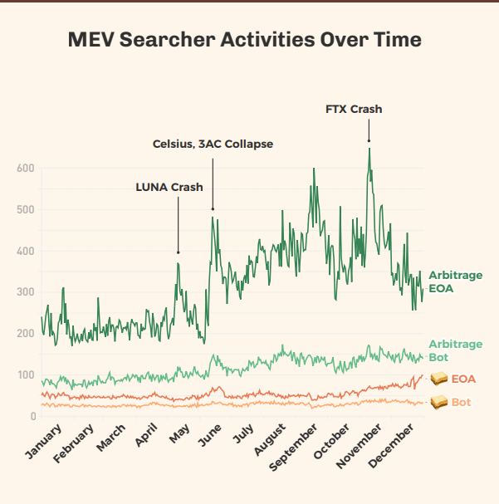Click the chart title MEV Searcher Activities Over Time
point(244,40)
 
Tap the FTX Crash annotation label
point(354,109)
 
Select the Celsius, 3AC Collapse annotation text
point(213,144)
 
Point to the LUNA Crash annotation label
point(169,187)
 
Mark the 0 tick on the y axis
point(33,416)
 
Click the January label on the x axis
point(45,441)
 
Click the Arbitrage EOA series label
point(455,281)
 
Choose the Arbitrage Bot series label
point(455,350)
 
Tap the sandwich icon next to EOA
point(438,379)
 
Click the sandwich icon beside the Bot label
point(438,403)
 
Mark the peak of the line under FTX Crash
point(369,149)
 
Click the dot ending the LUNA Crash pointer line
point(178,252)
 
